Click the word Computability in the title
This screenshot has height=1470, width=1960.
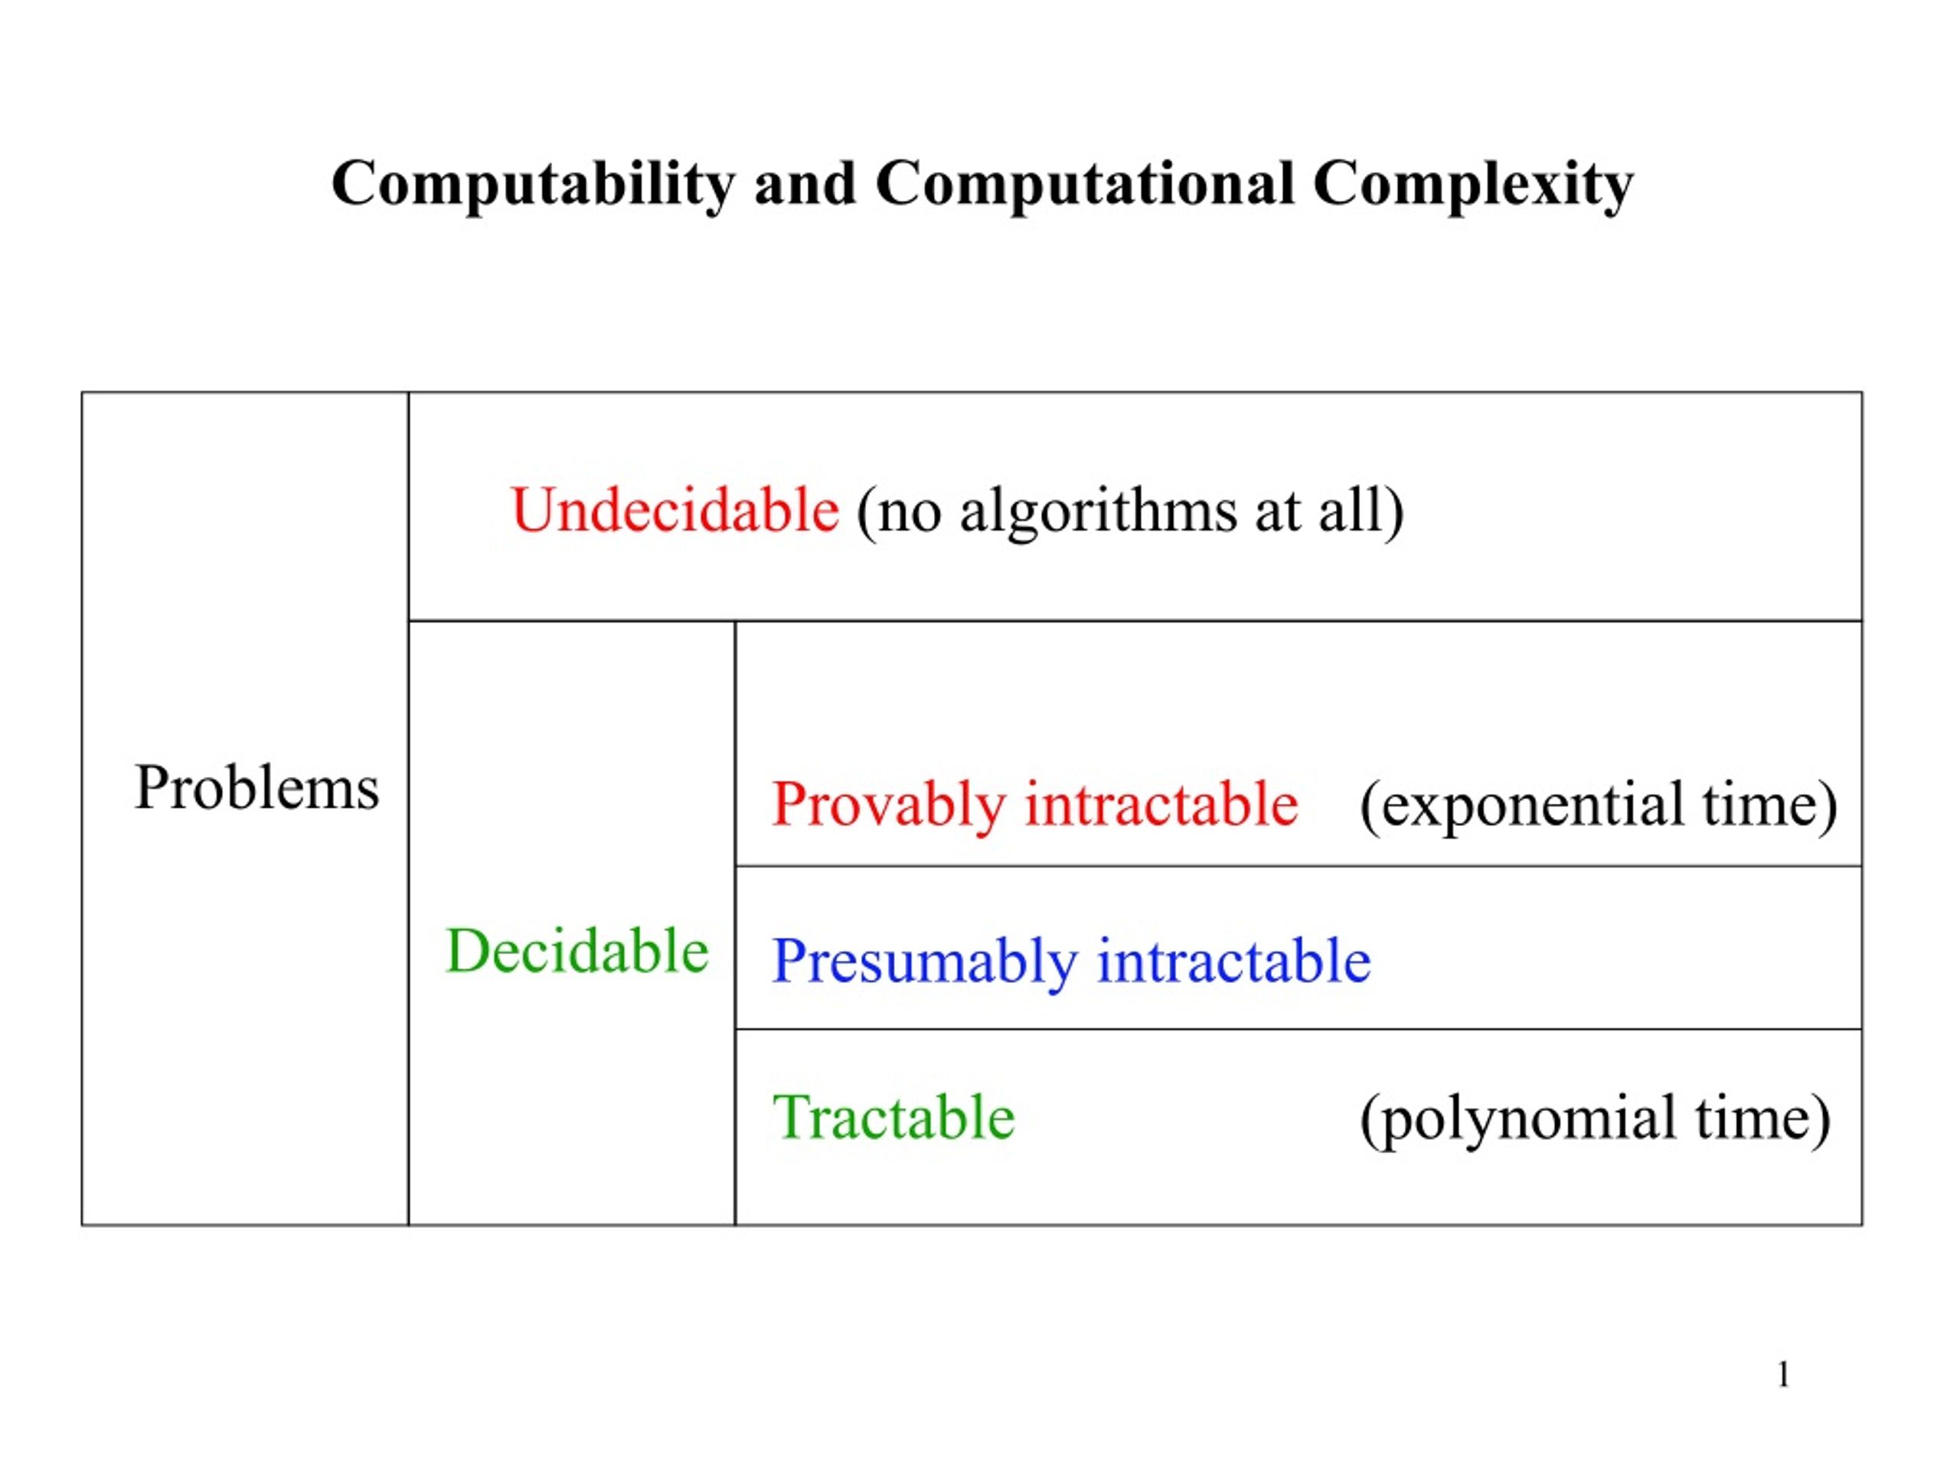533,185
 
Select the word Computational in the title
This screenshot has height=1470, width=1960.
1085,185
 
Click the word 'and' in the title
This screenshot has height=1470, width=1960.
805,184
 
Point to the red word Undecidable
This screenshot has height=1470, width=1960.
675,511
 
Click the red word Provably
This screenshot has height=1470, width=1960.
889,805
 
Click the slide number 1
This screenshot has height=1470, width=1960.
1783,1374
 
